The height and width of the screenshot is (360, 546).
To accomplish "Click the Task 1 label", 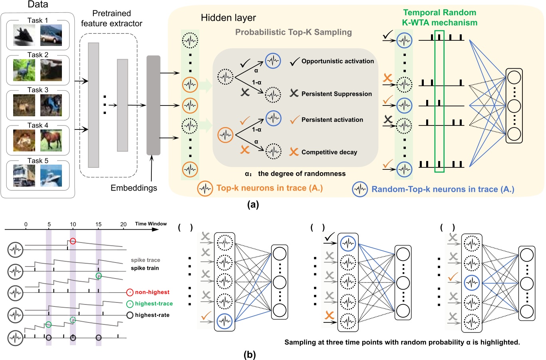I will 38,20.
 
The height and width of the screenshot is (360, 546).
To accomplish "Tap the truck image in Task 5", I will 24,176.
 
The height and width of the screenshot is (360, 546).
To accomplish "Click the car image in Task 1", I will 51,35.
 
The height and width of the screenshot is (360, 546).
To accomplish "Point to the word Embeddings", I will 134,188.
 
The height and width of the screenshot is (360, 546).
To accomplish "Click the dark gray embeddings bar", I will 153,105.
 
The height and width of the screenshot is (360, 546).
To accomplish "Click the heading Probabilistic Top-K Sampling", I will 293,32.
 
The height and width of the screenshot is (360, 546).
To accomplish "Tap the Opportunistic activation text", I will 338,61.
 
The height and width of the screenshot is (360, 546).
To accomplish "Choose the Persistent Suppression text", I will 336,94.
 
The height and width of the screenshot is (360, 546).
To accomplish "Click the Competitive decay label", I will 329,152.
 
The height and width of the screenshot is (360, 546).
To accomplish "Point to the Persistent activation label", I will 332,120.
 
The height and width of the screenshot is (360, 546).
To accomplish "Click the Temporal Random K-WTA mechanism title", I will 439,18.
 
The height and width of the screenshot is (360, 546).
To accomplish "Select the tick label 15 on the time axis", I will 98,225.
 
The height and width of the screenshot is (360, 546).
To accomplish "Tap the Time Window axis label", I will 151,224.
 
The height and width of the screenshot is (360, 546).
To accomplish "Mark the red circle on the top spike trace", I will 73,241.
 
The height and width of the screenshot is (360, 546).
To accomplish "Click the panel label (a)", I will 253,205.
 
